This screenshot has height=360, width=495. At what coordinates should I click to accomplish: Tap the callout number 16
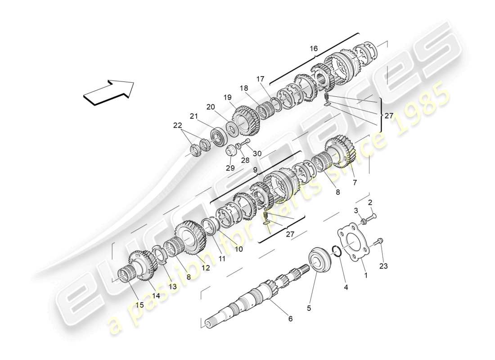[313, 48]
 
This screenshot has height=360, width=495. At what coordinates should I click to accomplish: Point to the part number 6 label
[290, 319]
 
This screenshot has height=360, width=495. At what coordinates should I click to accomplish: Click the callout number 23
[383, 266]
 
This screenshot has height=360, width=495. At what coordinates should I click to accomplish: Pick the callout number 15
[139, 305]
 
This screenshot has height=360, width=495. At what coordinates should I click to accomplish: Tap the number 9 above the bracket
[255, 171]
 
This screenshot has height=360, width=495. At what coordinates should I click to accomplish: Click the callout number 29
[230, 168]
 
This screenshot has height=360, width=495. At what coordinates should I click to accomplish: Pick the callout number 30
[257, 153]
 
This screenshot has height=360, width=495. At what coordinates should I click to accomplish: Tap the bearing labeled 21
[218, 135]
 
